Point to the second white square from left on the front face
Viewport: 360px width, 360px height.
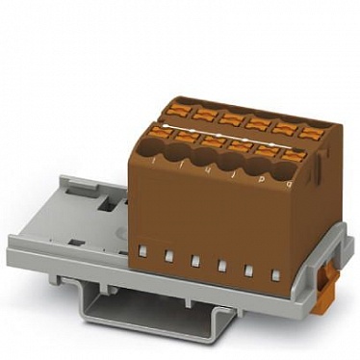click(x=168, y=255)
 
